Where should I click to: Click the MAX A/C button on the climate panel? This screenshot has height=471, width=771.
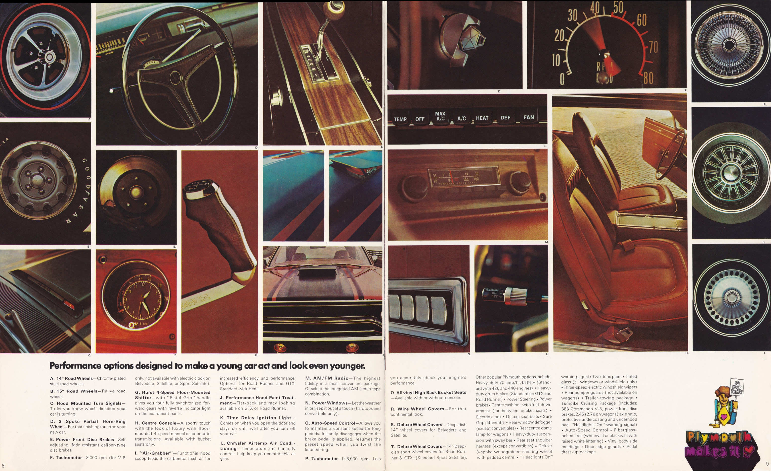pyautogui.click(x=440, y=117)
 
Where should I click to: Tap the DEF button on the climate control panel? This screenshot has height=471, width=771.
pyautogui.click(x=505, y=118)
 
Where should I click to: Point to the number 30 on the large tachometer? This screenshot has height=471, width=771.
pyautogui.click(x=573, y=15)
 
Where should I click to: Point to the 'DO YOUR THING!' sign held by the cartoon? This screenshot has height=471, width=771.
pyautogui.click(x=737, y=387)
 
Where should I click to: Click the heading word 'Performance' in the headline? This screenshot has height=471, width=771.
pyautogui.click(x=75, y=366)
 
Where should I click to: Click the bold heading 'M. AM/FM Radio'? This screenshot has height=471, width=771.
pyautogui.click(x=327, y=378)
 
